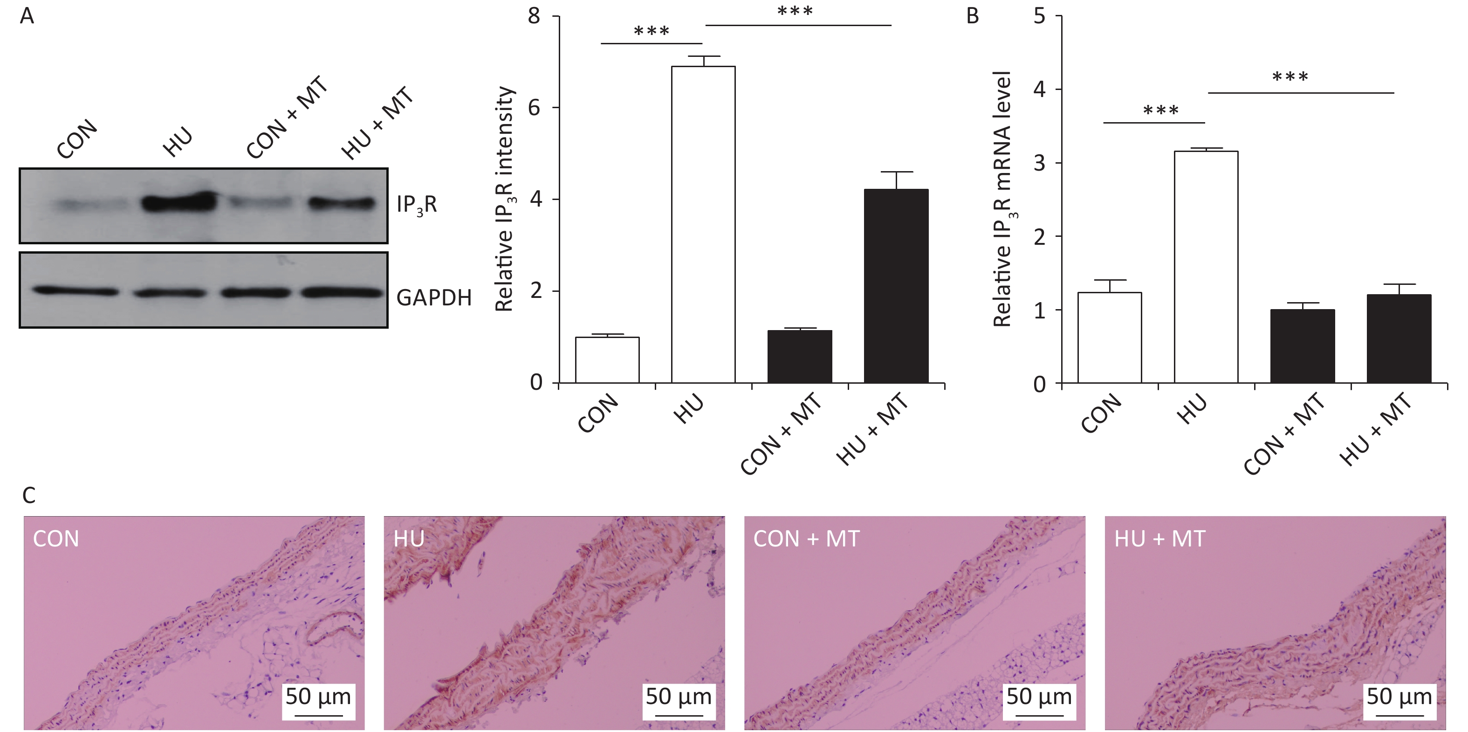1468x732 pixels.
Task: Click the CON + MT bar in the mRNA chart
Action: (1302, 345)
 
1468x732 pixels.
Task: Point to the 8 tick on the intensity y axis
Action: (535, 16)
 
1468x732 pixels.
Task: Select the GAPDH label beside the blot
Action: (434, 297)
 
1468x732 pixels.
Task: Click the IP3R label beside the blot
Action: (417, 204)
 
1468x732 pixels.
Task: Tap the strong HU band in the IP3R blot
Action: (179, 202)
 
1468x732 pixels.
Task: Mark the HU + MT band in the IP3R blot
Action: (342, 203)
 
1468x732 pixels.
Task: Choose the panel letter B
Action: (972, 16)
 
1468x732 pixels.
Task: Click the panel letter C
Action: (28, 496)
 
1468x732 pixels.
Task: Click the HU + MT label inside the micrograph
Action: (1159, 539)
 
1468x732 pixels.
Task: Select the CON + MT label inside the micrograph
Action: (806, 539)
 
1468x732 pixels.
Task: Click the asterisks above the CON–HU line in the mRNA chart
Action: (1160, 110)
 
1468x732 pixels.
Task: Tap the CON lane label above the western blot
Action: (77, 138)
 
